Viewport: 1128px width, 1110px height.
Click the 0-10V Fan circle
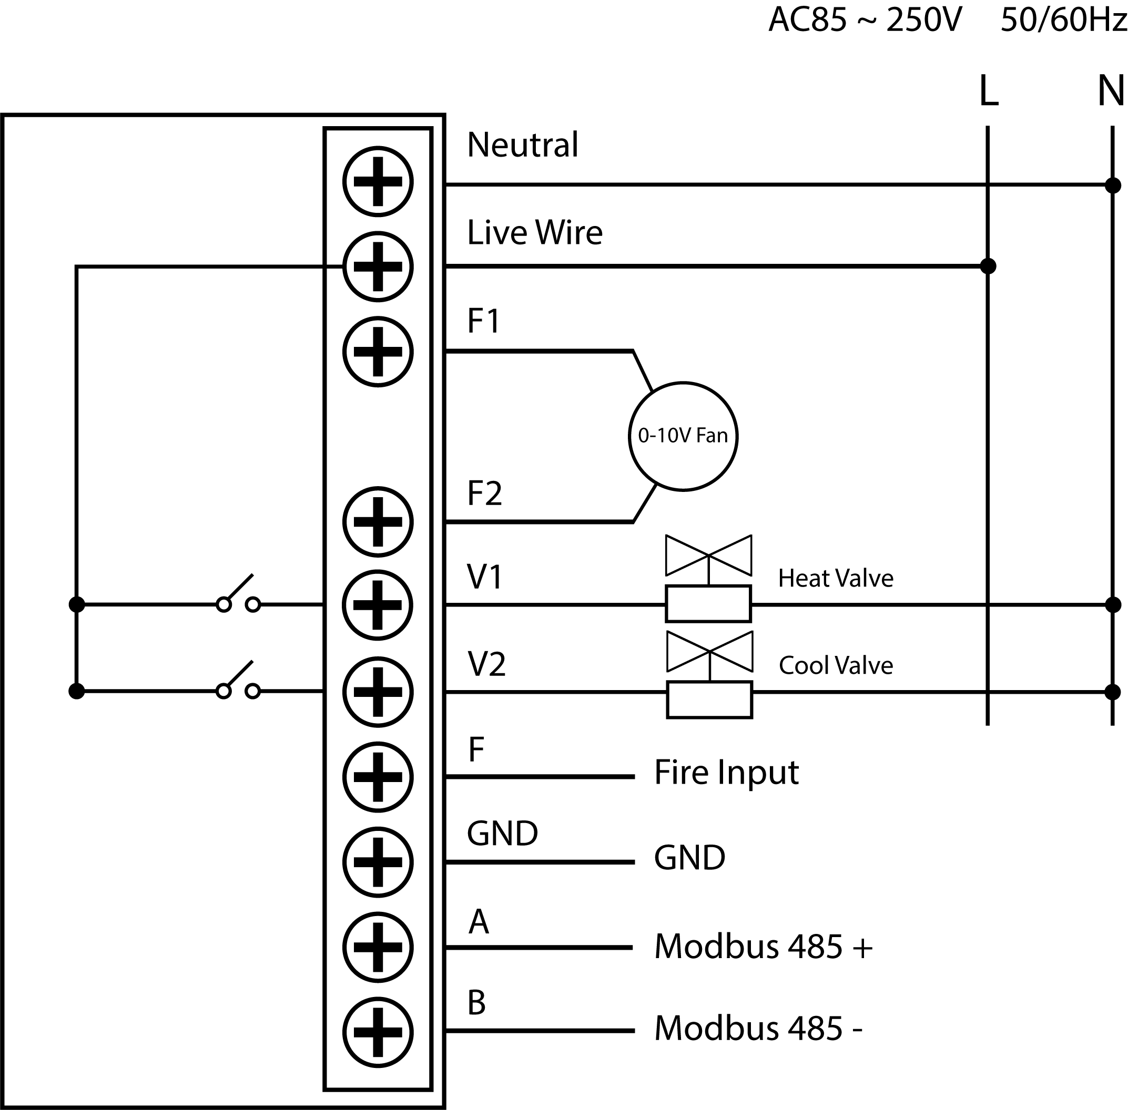683,436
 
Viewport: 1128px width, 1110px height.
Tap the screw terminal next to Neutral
378,181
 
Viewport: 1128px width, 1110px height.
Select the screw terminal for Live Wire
378,266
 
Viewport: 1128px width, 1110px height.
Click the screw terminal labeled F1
378,352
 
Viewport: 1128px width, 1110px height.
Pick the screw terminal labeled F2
378,522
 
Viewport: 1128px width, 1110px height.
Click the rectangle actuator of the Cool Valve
709,699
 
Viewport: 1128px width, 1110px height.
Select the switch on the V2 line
238,683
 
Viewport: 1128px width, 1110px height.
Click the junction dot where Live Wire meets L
988,266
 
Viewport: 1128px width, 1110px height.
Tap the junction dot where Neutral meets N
1112,186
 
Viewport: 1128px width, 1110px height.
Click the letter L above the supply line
988,91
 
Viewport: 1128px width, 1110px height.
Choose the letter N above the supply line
1111,91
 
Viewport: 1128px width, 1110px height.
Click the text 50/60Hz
1063,20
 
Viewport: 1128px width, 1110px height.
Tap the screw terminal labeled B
378,1031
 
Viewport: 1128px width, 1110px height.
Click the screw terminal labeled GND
378,861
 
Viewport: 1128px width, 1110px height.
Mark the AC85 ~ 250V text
865,20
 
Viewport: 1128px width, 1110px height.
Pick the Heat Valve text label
835,578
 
